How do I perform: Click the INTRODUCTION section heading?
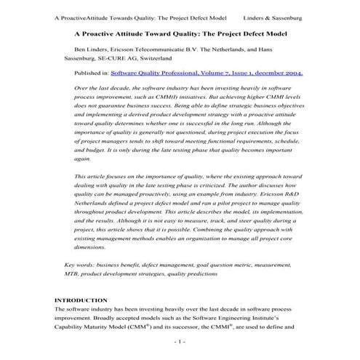point(81,300)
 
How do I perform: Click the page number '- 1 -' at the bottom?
point(180,341)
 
